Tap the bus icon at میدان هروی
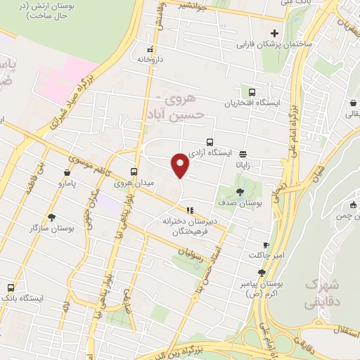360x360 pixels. [x=134, y=172]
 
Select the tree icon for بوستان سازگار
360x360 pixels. [x=51, y=217]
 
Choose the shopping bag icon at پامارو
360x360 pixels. [x=67, y=172]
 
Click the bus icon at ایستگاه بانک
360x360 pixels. [x=11, y=287]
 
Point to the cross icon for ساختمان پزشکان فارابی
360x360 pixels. [x=275, y=33]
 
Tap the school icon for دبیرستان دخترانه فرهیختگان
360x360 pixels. [x=189, y=210]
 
